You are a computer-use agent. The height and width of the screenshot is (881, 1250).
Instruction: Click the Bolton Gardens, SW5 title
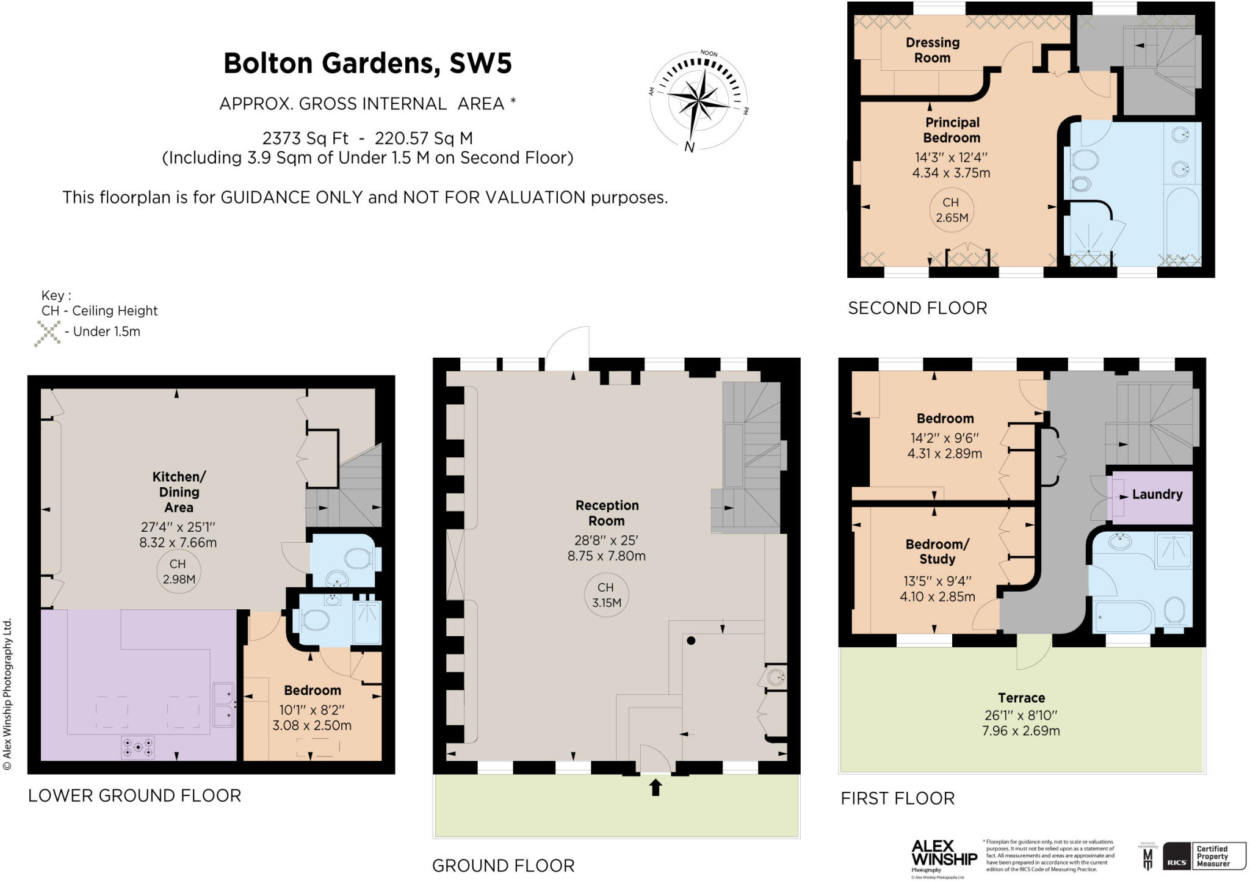click(367, 63)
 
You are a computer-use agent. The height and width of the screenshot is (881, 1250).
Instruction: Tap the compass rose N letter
click(690, 147)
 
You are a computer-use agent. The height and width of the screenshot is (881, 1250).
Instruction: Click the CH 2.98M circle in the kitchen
click(178, 571)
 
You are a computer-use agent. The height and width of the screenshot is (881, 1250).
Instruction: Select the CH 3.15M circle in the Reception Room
click(606, 595)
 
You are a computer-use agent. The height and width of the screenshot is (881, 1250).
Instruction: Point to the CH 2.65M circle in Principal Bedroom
click(952, 210)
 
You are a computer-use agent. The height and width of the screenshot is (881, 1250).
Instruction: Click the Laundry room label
click(1157, 495)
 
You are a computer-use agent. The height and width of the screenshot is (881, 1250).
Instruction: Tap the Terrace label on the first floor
click(1021, 698)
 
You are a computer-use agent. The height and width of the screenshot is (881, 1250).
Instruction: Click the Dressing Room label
click(932, 50)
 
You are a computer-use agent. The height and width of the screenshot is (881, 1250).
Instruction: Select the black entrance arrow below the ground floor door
click(656, 788)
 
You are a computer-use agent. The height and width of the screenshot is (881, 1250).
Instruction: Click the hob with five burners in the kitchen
click(138, 747)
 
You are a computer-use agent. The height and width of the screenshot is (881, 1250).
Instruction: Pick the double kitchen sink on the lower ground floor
click(223, 705)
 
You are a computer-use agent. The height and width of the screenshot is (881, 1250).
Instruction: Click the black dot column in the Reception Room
click(691, 640)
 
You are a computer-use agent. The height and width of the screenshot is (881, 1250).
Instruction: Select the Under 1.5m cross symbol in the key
click(47, 333)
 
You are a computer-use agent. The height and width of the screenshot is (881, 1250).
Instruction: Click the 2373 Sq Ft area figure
click(305, 139)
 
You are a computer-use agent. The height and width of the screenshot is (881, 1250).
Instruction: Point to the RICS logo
click(1176, 863)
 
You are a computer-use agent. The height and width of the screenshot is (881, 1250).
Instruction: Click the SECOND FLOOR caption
click(917, 308)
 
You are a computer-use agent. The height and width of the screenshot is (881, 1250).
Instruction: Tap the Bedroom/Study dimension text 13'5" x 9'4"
click(937, 581)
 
